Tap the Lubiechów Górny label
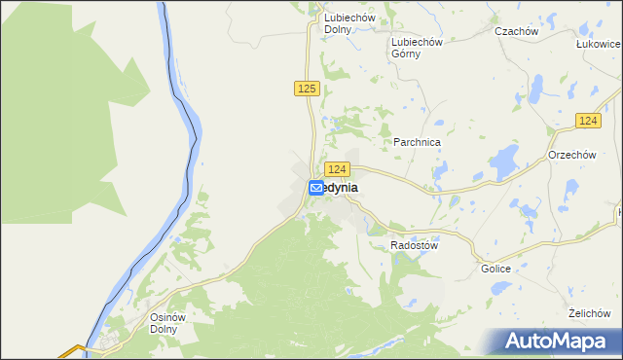pyautogui.click(x=417, y=48)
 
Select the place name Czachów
pyautogui.click(x=516, y=31)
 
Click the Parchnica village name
pyautogui.click(x=418, y=142)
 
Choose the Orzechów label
pyautogui.click(x=571, y=155)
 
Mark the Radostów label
pyautogui.click(x=415, y=246)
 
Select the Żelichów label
pyautogui.click(x=588, y=313)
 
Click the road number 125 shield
pyautogui.click(x=306, y=89)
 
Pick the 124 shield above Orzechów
pyautogui.click(x=586, y=120)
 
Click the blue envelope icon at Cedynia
pyautogui.click(x=316, y=188)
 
